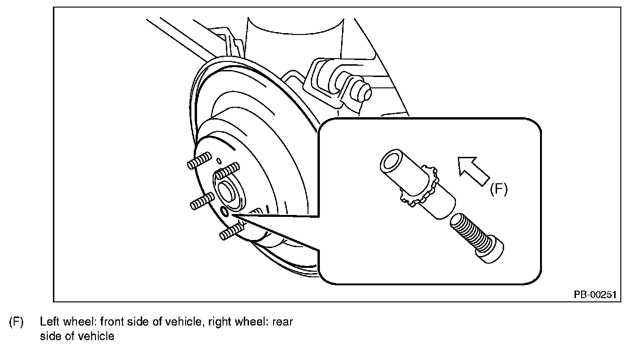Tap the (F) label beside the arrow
[x=498, y=189]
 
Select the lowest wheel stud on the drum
[x=231, y=232]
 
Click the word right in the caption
[x=219, y=323]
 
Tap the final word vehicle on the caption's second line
[x=98, y=336]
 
